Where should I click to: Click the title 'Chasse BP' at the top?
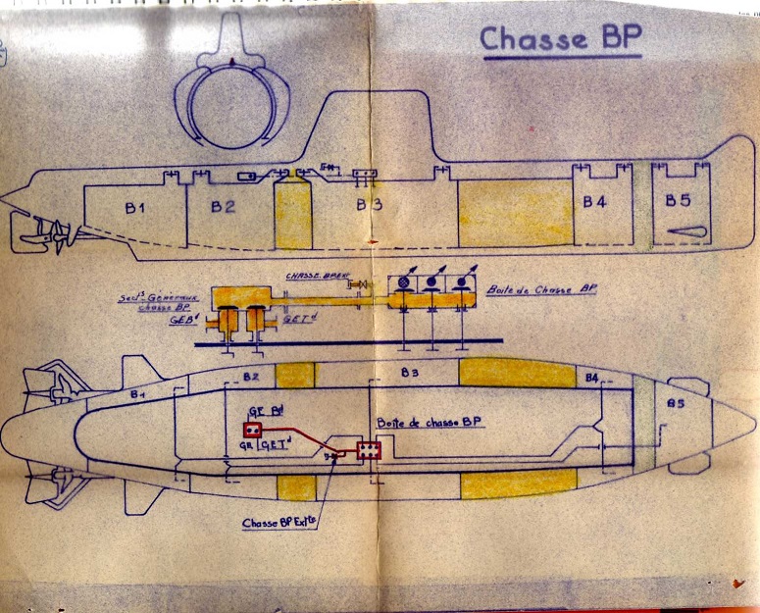(x=560, y=40)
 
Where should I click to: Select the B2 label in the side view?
(x=223, y=206)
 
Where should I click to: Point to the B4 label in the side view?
(x=595, y=202)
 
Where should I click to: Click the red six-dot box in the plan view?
(x=370, y=450)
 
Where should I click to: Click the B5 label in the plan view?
(x=675, y=404)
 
